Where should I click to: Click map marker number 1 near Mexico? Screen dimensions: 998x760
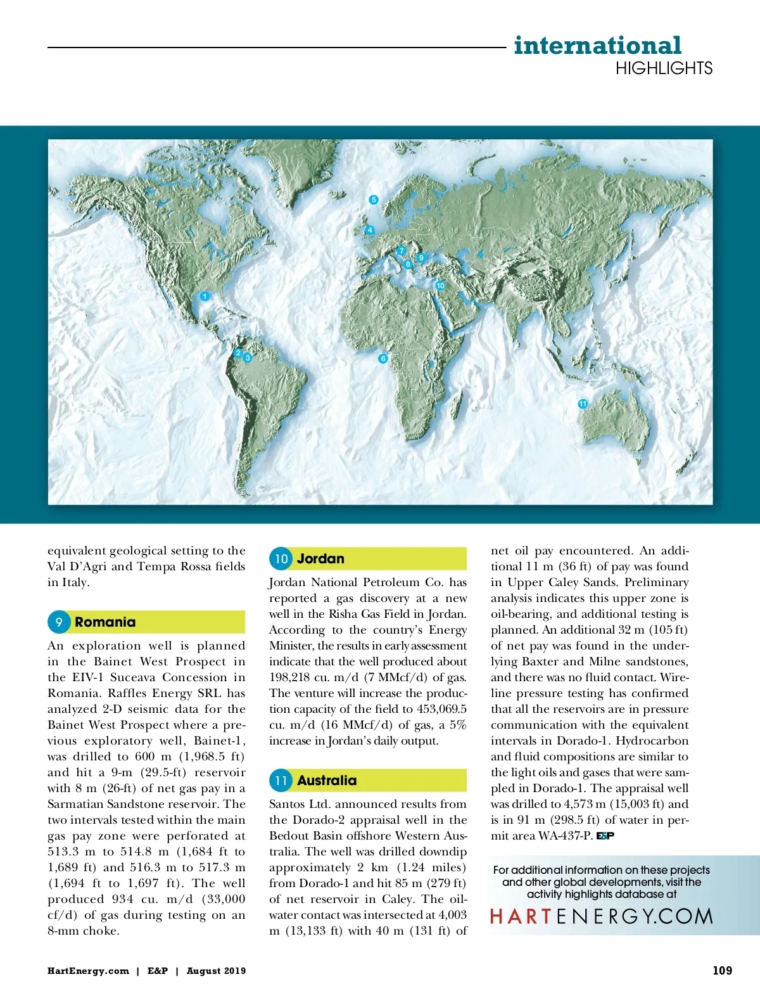tap(205, 296)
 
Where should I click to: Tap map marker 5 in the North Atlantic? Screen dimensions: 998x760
tap(374, 200)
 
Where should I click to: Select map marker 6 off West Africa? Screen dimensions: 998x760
tap(383, 359)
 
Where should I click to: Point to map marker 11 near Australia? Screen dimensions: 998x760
tap(583, 404)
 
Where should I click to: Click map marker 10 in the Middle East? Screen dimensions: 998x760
tap(440, 286)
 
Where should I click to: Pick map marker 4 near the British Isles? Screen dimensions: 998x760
tap(370, 229)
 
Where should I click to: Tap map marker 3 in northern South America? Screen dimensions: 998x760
tap(248, 358)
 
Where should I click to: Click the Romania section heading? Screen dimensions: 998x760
tap(105, 622)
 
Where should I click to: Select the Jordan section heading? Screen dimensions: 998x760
tap(320, 559)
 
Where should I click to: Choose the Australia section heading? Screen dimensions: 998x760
tap(327, 781)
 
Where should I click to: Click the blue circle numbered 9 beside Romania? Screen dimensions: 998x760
tap(58, 622)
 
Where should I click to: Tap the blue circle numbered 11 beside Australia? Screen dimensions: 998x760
tap(281, 781)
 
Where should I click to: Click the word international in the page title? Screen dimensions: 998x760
tap(597, 46)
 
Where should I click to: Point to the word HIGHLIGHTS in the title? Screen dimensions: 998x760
tap(664, 68)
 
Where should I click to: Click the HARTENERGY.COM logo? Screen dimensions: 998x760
tap(601, 916)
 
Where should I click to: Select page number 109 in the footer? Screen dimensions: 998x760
tap(722, 970)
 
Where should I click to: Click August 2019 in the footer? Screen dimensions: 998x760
tap(216, 971)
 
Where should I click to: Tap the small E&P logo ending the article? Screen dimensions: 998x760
tap(605, 836)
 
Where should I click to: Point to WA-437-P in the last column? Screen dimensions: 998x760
tap(565, 836)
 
